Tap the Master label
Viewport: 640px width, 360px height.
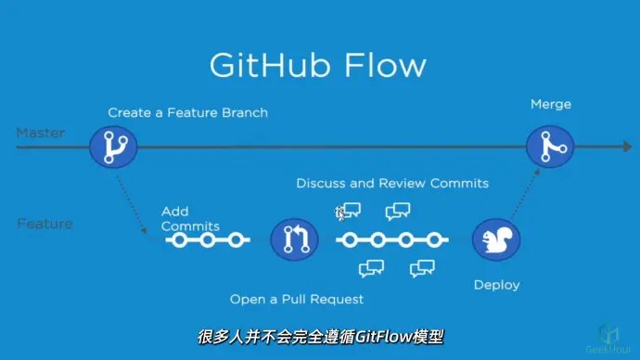click(x=40, y=133)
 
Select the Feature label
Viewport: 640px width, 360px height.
click(x=44, y=224)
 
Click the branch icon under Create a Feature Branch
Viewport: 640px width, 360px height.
click(x=113, y=147)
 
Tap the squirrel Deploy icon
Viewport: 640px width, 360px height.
click(x=496, y=240)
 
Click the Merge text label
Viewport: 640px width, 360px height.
click(x=550, y=104)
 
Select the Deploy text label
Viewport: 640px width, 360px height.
click(x=496, y=285)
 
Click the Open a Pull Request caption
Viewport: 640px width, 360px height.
click(x=297, y=299)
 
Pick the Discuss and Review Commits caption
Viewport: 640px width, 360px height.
click(x=392, y=183)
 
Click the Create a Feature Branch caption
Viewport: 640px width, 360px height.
click(x=187, y=113)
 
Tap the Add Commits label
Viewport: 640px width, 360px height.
click(x=189, y=219)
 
